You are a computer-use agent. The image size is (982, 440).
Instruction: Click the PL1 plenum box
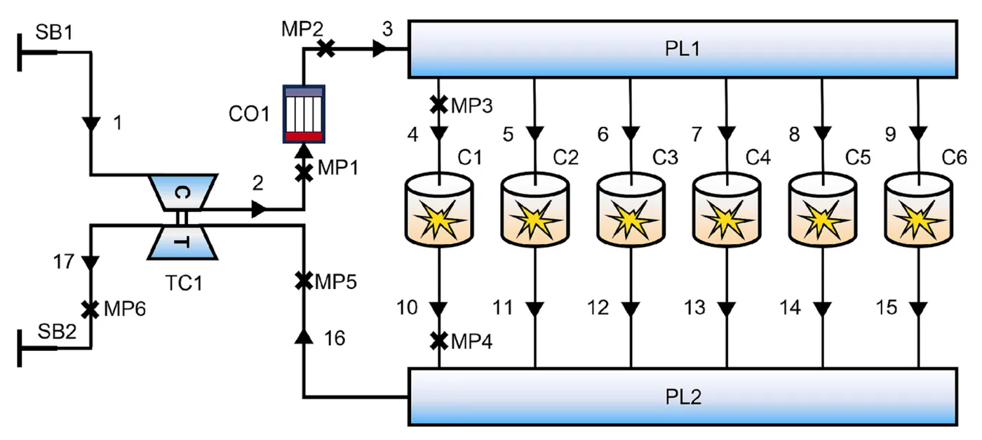pos(682,48)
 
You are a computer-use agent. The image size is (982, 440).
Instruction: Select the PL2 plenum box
pos(682,396)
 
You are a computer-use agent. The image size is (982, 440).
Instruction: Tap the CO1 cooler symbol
pos(304,114)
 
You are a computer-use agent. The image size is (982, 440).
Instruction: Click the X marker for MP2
pos(325,48)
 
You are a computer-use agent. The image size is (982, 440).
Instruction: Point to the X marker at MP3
pos(438,105)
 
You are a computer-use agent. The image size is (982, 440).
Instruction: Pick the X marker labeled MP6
pos(90,309)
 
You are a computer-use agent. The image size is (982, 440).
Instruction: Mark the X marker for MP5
pos(303,281)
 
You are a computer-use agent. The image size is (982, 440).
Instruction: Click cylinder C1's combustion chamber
pos(439,210)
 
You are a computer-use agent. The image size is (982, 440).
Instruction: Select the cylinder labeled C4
pos(727,210)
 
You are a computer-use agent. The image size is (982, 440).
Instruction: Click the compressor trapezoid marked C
pos(182,192)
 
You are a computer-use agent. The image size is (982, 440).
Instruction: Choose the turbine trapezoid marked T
pos(182,242)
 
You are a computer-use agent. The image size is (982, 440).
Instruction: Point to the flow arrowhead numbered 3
pos(379,48)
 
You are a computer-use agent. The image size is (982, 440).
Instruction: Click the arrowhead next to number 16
pos(303,336)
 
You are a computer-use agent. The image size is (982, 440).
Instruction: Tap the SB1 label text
pos(54,32)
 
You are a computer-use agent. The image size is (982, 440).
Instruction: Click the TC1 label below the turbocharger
pos(184,283)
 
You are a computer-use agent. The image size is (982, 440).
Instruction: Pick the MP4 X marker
pos(438,341)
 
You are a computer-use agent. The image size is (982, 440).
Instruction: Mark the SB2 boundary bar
pos(20,348)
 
